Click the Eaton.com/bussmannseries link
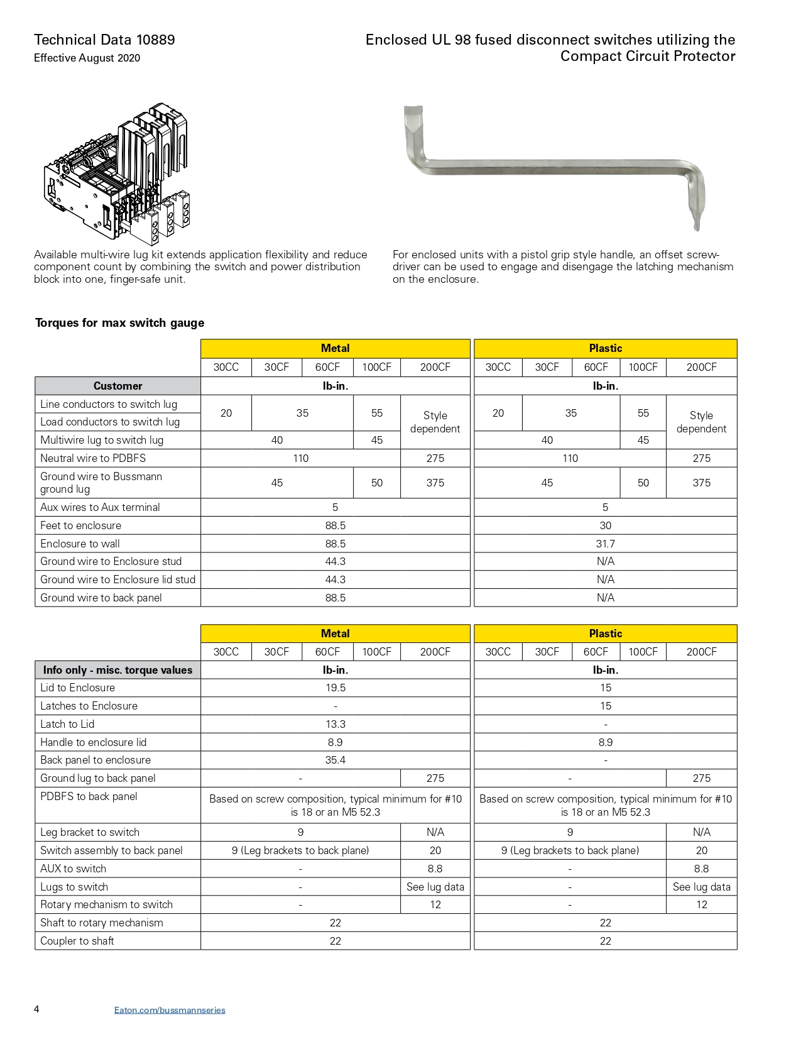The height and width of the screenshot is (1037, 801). (170, 1010)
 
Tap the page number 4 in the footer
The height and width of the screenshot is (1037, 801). (36, 1009)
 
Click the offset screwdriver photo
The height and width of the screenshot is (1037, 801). (555, 167)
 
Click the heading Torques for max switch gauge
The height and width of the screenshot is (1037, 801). (119, 323)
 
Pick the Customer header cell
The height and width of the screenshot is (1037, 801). (117, 386)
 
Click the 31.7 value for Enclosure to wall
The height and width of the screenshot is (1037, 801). (605, 544)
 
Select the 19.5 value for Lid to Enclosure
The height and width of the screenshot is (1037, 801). (335, 688)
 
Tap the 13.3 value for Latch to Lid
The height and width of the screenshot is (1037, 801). (335, 724)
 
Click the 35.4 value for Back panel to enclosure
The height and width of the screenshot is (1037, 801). (335, 760)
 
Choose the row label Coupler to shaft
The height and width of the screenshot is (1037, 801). (77, 941)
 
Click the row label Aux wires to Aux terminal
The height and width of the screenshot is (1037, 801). (100, 507)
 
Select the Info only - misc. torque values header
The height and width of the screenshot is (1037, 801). (117, 670)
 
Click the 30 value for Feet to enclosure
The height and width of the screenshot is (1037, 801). (605, 525)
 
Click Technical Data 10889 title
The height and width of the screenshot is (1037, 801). (104, 40)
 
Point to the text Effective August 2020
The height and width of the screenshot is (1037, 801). (87, 58)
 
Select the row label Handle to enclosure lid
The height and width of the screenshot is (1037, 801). (93, 742)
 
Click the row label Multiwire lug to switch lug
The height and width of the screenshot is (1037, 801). (102, 440)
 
